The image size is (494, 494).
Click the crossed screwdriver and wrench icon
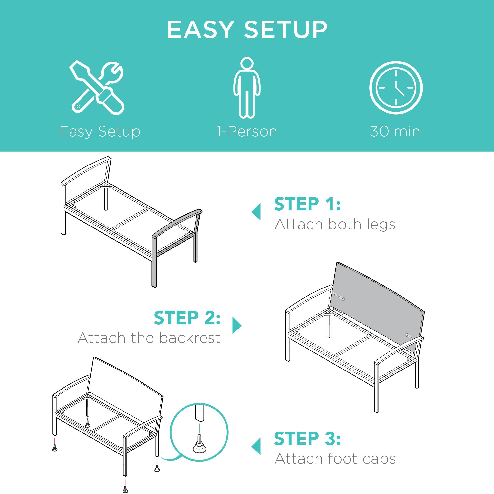[97, 87]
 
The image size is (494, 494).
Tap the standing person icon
[247, 87]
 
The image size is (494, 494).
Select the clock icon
[395, 87]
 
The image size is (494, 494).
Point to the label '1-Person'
[247, 132]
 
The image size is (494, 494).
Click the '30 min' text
[395, 132]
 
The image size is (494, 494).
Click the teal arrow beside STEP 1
[256, 211]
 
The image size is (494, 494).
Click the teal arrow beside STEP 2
[237, 326]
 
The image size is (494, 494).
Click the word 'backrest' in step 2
[189, 338]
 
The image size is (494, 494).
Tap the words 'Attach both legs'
[335, 225]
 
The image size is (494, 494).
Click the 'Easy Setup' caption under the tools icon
[100, 132]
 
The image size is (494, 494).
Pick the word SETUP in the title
[286, 30]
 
